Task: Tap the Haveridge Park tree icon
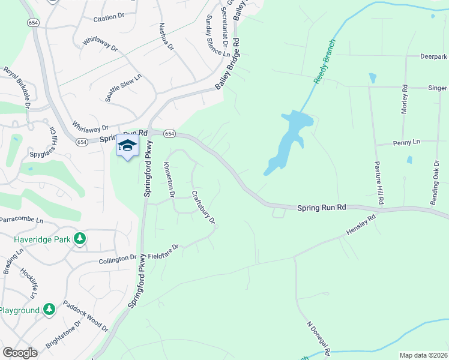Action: [80, 239]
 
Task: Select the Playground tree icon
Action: [49, 310]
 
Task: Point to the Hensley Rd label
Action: [360, 226]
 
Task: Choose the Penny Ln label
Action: [406, 143]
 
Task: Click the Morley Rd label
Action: [405, 100]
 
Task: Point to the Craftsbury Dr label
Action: [203, 208]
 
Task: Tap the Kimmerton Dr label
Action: [169, 179]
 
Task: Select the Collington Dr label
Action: [118, 259]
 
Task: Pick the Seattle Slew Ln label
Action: [124, 88]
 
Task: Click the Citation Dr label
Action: [108, 18]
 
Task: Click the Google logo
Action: [20, 352]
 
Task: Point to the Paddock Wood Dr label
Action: [85, 317]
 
